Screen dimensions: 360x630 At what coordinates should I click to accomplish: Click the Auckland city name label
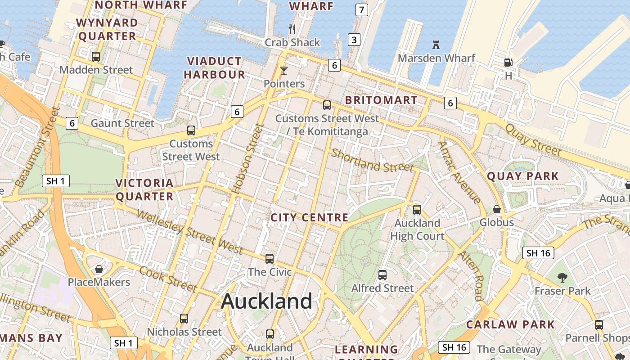click(x=266, y=301)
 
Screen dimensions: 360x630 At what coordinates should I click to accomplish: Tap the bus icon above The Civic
click(x=270, y=259)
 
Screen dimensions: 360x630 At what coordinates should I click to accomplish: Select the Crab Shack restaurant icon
click(x=292, y=30)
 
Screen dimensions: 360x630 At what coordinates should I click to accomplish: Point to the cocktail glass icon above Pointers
click(x=284, y=71)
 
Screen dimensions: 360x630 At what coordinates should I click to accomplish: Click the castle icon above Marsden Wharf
click(x=436, y=45)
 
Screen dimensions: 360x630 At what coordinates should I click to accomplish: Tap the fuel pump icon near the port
click(x=508, y=63)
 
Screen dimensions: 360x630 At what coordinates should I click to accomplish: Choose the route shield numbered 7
click(x=362, y=9)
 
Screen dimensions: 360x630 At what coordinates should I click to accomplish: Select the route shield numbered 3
click(x=354, y=40)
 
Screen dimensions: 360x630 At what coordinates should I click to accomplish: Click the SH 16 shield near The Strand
click(x=538, y=253)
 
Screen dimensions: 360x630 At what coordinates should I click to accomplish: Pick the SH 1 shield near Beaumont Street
click(x=56, y=181)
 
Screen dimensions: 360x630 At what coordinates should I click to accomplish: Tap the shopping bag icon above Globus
click(x=497, y=209)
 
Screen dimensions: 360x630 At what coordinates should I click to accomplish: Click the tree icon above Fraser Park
click(x=562, y=278)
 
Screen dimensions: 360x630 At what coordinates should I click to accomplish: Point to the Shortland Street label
click(x=372, y=161)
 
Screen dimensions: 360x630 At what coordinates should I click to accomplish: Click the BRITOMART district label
click(x=381, y=100)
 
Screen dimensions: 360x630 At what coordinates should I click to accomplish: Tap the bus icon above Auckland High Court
click(x=417, y=209)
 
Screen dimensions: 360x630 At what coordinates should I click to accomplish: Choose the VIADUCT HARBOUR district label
click(x=215, y=68)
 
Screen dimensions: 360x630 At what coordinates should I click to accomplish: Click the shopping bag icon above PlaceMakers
click(x=99, y=269)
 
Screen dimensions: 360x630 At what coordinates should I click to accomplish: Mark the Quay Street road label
click(x=533, y=139)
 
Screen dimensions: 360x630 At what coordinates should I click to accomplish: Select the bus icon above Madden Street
click(x=96, y=57)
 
